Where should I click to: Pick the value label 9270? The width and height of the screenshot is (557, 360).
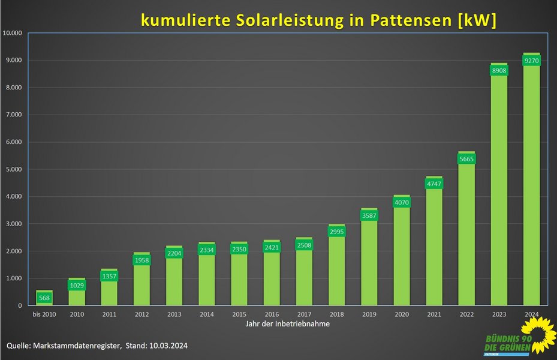(531, 61)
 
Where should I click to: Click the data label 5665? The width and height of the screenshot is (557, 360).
(466, 159)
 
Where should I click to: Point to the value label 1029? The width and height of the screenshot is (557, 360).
(77, 286)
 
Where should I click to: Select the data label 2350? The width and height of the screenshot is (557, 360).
(239, 250)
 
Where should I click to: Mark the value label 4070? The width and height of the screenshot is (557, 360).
(401, 203)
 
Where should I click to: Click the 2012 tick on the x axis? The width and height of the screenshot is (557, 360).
(141, 314)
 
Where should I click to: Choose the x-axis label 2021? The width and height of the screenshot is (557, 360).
(433, 314)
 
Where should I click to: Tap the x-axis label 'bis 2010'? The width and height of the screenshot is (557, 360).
(44, 314)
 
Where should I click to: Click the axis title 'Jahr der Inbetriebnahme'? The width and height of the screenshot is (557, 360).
(287, 324)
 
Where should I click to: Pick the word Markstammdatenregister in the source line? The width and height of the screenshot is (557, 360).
(80, 346)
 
